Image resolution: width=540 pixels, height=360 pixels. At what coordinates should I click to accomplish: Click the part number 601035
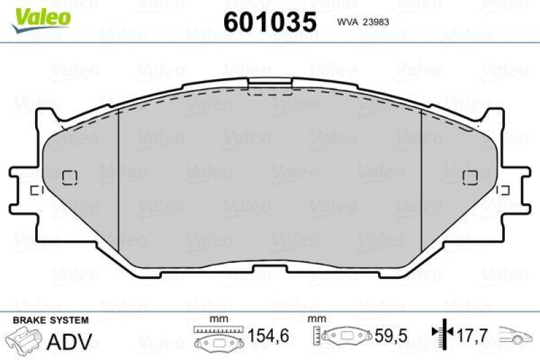[269, 22]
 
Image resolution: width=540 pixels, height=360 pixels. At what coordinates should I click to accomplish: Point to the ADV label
[69, 342]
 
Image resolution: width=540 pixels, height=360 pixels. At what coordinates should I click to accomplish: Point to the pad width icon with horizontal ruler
[214, 337]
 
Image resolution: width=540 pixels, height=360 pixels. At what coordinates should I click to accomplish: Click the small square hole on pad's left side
[70, 177]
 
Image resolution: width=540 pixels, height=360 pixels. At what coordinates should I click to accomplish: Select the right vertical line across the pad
[421, 180]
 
